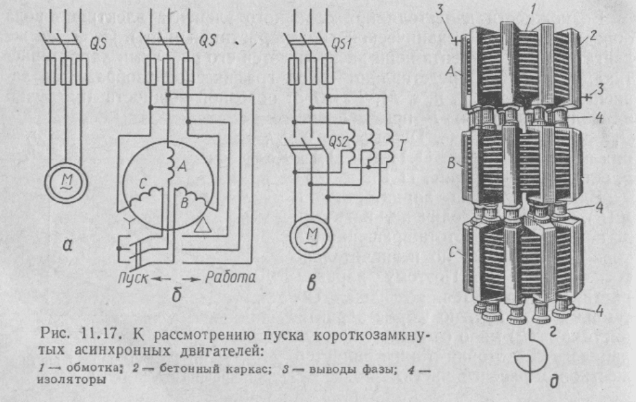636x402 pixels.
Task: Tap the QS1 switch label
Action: point(341,44)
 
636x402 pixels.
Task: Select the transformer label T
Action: point(401,145)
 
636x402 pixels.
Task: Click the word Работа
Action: point(230,277)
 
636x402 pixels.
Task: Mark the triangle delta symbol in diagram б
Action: point(203,225)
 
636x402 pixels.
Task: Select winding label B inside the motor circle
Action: point(185,201)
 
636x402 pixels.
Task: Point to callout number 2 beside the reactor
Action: point(593,35)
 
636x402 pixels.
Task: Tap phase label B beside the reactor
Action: point(451,163)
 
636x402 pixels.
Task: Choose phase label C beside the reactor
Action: point(453,252)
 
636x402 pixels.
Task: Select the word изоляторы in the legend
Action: point(72,380)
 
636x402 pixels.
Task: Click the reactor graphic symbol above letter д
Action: point(531,356)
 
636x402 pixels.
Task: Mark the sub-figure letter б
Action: point(176,295)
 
